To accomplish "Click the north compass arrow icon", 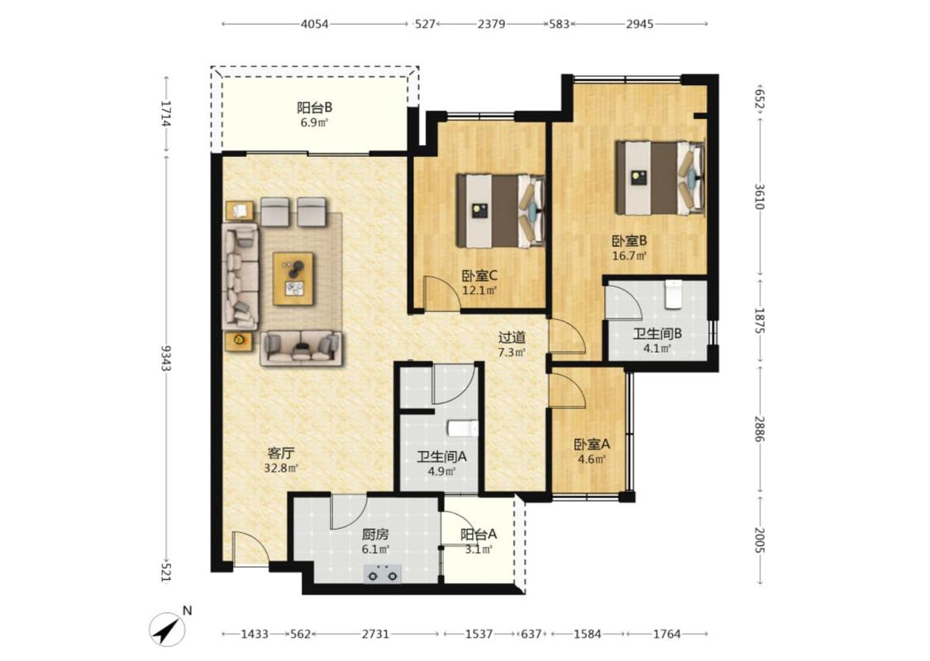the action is (x=168, y=630).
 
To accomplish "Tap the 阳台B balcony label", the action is (x=314, y=107).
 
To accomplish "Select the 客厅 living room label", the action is (x=280, y=454).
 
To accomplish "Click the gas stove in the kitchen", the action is (x=383, y=574).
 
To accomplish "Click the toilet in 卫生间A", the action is (x=463, y=428).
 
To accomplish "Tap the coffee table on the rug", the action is (x=293, y=278).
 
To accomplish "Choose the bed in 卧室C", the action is (x=501, y=211).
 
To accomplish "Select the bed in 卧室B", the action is (x=661, y=178).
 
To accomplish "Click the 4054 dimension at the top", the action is (x=314, y=24).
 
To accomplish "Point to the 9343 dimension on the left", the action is (x=165, y=358).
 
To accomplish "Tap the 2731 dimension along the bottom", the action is (x=375, y=634).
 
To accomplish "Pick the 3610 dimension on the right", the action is (x=761, y=196).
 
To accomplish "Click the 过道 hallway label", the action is (x=512, y=337).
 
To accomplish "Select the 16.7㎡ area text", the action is (x=629, y=256).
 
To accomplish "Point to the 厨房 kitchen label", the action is (x=375, y=534).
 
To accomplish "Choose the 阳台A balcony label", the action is (x=479, y=534).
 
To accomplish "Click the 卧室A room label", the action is (x=591, y=444).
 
